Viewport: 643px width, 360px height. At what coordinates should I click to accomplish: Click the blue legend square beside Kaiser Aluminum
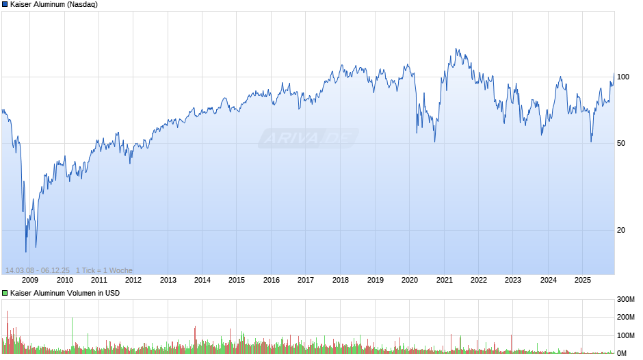(5, 4)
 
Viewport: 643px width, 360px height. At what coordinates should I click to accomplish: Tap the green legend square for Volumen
(5, 293)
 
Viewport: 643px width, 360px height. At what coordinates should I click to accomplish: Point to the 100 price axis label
(623, 77)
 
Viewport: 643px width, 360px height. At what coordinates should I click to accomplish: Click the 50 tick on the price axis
(621, 143)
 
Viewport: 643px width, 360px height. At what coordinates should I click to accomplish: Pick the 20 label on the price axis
(621, 230)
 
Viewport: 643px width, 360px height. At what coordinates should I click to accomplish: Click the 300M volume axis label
(626, 299)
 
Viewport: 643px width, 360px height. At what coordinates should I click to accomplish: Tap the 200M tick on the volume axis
(626, 318)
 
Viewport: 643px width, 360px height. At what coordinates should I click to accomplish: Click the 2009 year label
(30, 279)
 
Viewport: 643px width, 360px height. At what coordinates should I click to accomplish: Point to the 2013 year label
(168, 279)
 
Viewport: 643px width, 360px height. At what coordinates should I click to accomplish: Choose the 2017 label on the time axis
(306, 279)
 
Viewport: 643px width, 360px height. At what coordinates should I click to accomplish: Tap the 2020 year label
(409, 279)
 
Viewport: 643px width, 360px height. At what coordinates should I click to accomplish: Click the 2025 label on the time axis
(582, 279)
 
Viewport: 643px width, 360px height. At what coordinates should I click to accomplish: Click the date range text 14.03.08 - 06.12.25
(38, 270)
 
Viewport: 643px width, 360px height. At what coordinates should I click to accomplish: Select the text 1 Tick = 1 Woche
(104, 270)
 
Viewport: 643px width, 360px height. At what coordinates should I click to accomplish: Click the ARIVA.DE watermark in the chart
(309, 138)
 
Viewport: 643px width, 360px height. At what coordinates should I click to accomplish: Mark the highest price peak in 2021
(457, 49)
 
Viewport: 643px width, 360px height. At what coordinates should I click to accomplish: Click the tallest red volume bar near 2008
(7, 312)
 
